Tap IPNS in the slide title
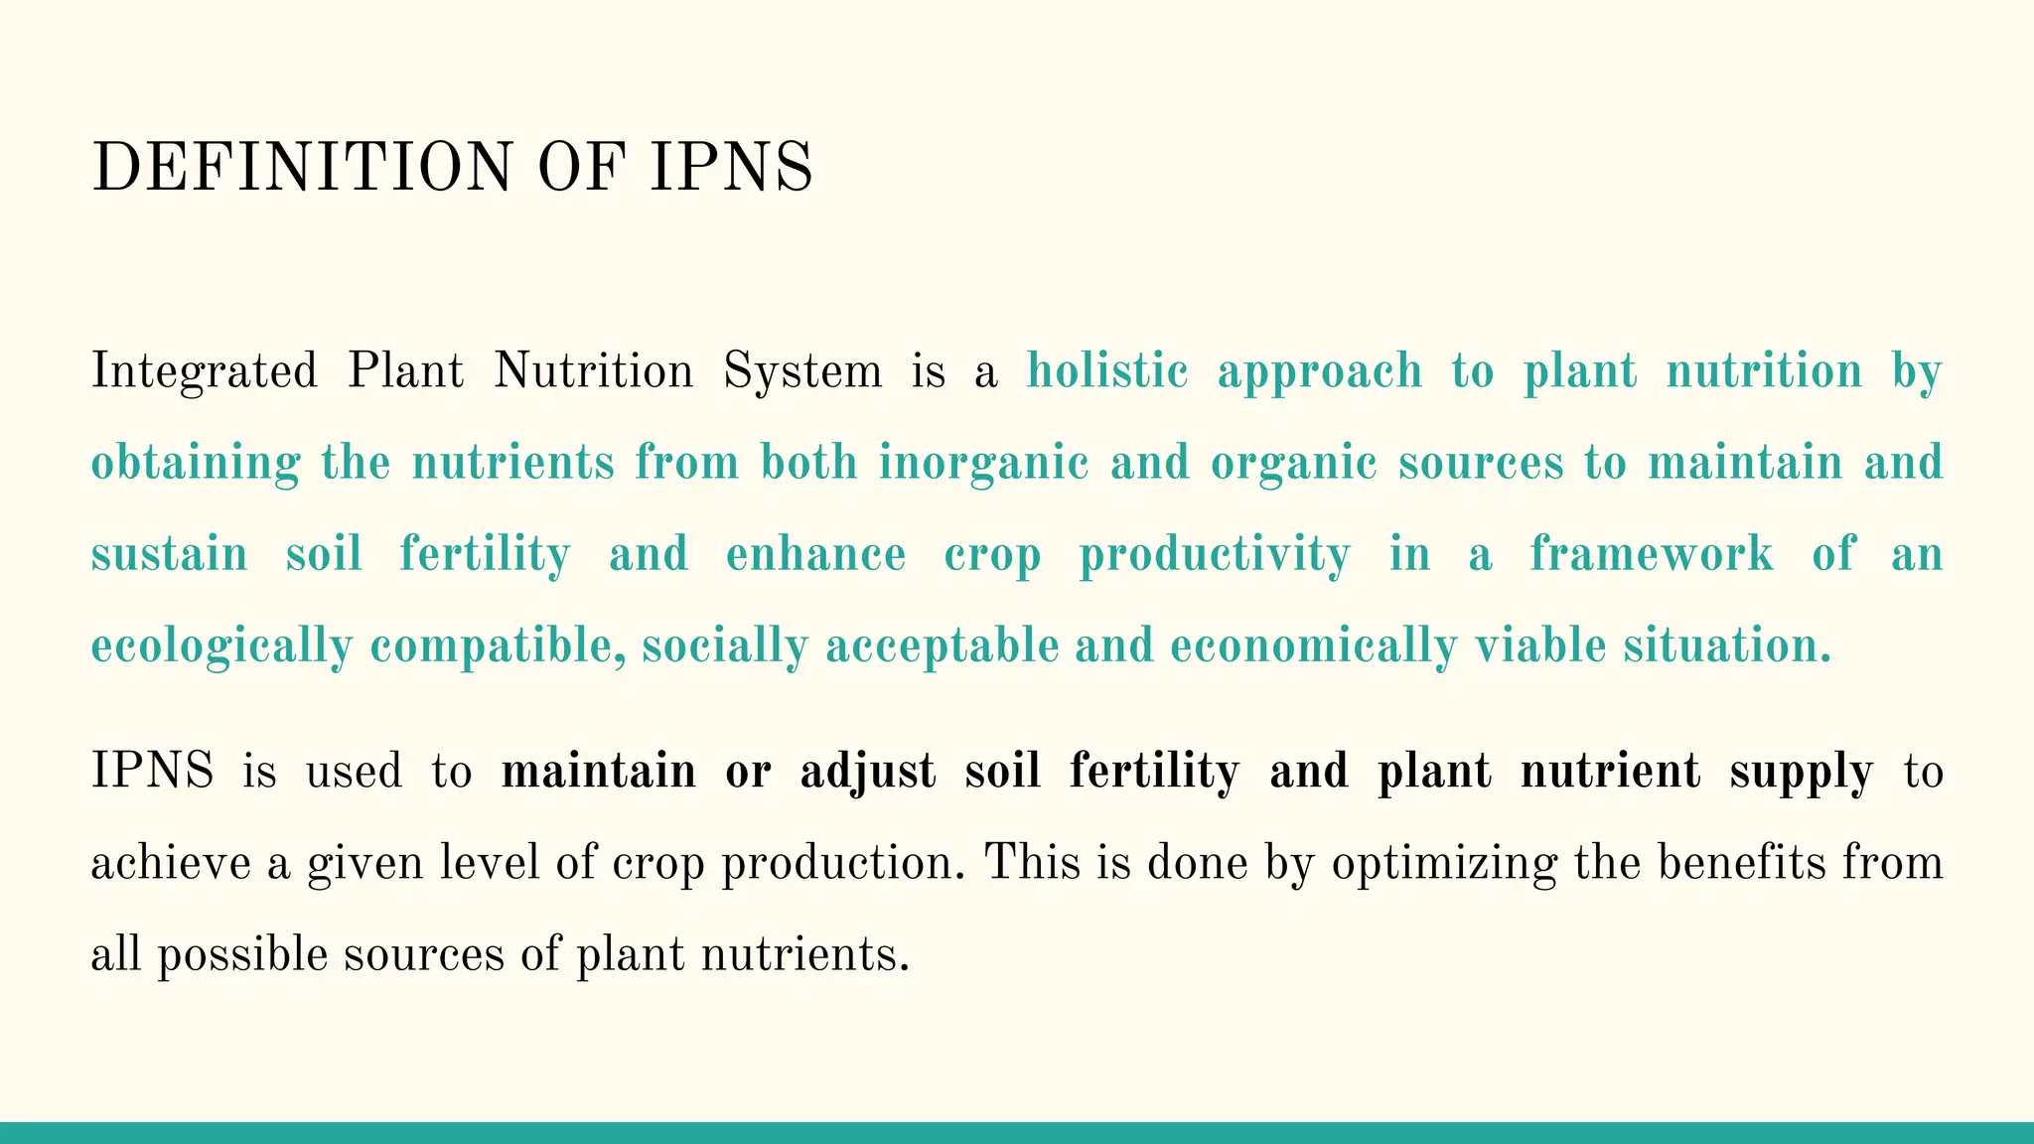(732, 167)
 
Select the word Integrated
(205, 372)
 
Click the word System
(802, 372)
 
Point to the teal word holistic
(1107, 372)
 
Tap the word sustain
(169, 555)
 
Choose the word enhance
(815, 555)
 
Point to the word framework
(1651, 555)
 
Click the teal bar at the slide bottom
(1017, 1133)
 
